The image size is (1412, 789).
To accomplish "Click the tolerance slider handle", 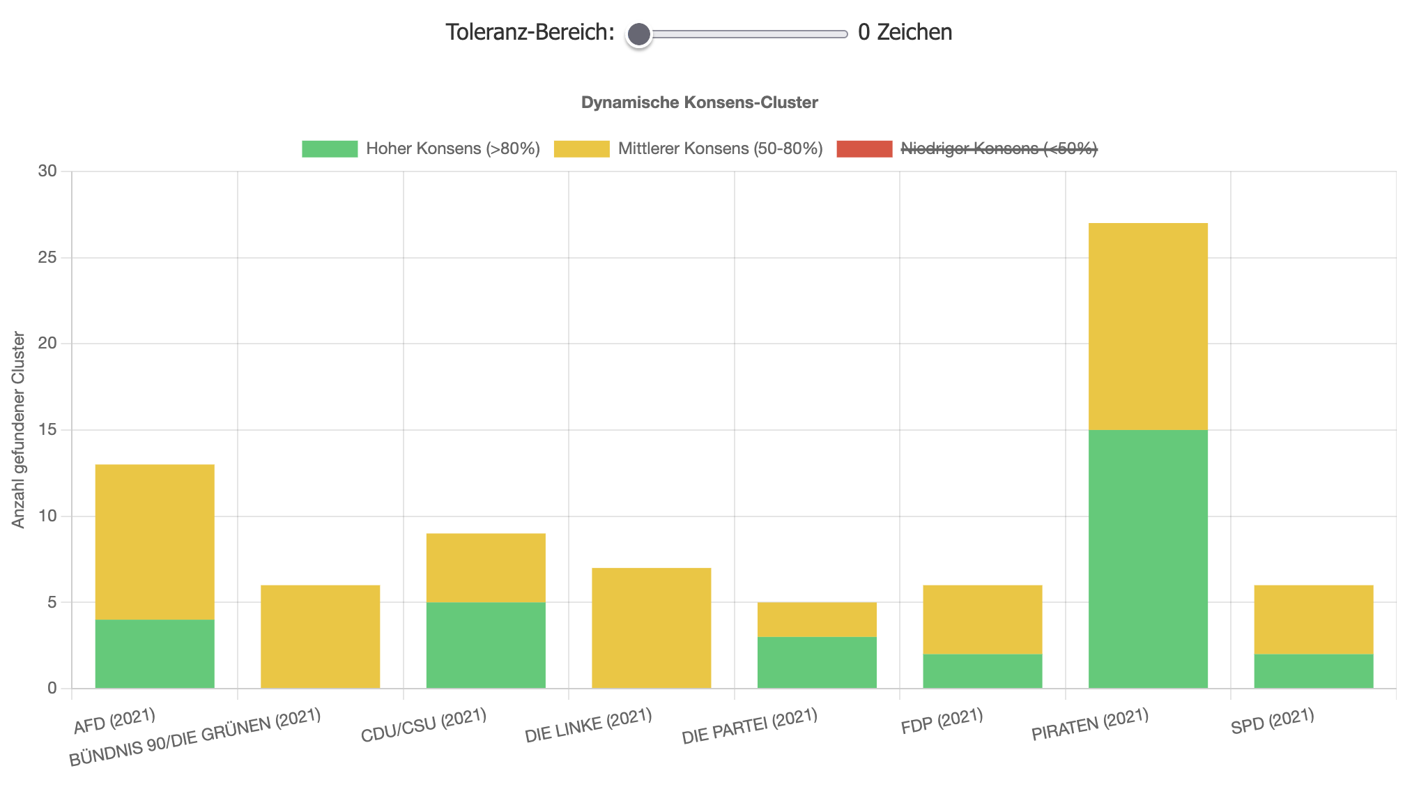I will click(x=638, y=34).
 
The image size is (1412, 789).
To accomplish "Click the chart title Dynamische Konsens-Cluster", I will click(x=699, y=102).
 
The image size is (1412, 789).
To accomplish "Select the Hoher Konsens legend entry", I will click(x=420, y=148).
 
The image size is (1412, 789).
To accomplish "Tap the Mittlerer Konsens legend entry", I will click(x=688, y=148).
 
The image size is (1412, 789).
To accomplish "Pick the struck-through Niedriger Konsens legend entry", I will click(x=967, y=148).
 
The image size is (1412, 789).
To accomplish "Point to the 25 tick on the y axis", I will click(x=47, y=258).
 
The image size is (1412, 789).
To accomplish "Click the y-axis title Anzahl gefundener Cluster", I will click(x=19, y=430).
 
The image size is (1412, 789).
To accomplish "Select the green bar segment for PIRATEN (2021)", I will click(x=1148, y=559).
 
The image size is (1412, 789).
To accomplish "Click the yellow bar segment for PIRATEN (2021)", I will click(x=1148, y=326).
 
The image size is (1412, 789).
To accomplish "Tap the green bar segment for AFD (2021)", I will click(x=155, y=654).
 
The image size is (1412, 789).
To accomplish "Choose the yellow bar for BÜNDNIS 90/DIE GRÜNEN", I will click(x=320, y=636).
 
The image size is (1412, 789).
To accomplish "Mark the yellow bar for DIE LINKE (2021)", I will click(x=651, y=628).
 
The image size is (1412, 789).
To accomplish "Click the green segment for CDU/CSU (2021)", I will click(x=486, y=645).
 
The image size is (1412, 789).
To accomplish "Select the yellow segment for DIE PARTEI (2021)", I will click(x=817, y=619).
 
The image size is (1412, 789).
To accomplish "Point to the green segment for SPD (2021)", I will click(x=1313, y=671).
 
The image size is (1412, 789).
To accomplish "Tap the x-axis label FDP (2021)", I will click(x=942, y=721).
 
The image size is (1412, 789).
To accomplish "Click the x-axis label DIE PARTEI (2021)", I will click(x=749, y=726).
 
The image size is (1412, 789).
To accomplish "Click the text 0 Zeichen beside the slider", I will click(x=905, y=32).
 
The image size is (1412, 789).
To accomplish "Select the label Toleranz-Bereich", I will click(x=530, y=32).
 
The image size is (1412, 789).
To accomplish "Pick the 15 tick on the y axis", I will click(x=47, y=430).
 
